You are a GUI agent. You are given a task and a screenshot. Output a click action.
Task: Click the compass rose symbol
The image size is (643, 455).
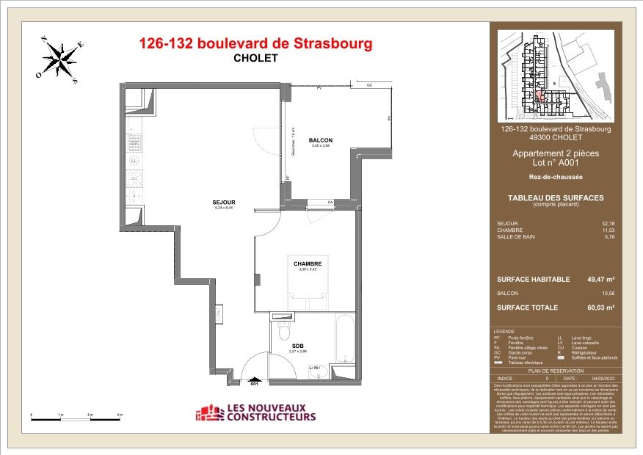(59, 59)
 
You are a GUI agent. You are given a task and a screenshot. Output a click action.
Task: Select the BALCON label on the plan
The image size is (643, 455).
(321, 140)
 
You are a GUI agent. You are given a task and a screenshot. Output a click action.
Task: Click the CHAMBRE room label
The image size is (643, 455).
(308, 263)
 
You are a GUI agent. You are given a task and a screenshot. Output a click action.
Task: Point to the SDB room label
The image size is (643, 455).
(297, 346)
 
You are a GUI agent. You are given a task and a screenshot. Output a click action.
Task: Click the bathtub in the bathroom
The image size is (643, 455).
(344, 339)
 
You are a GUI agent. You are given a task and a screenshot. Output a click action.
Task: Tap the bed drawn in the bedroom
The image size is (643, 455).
(308, 283)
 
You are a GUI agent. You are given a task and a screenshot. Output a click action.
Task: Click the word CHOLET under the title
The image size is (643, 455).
(255, 59)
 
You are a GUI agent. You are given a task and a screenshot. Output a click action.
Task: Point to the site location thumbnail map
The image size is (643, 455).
(555, 75)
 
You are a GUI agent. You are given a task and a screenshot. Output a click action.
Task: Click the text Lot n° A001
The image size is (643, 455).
(555, 163)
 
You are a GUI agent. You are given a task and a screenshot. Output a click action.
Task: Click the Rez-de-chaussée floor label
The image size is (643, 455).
(555, 177)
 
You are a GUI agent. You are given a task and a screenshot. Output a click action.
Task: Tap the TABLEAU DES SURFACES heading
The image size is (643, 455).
(555, 198)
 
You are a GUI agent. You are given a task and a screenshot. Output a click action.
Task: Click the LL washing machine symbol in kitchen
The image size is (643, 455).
(134, 160)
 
